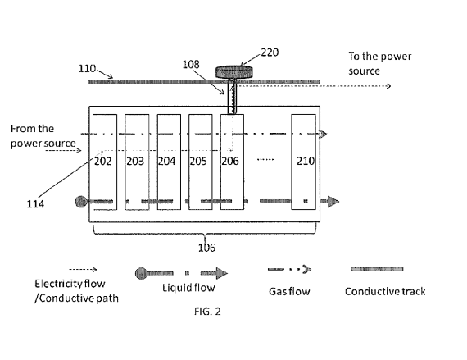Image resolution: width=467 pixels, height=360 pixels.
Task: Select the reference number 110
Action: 88,71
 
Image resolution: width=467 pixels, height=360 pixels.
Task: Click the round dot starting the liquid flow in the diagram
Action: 80,201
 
